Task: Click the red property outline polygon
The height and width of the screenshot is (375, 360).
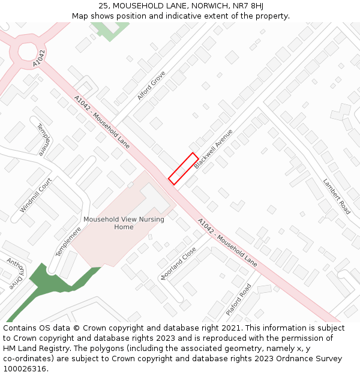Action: coord(184,169)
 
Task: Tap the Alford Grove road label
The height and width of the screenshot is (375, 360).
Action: coord(151,86)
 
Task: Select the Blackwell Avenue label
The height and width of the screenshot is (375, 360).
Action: coord(213,148)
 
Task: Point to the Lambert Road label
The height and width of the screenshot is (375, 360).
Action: coord(337,196)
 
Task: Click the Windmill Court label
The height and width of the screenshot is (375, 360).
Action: coord(36,194)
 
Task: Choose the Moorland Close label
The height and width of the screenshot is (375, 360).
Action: coord(178,263)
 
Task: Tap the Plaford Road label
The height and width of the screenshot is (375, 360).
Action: coord(239,300)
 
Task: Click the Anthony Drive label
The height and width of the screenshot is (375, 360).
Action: coord(16,274)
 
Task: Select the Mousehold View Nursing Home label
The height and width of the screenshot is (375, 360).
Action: coord(124,223)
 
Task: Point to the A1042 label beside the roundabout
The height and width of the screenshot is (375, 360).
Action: coord(40,58)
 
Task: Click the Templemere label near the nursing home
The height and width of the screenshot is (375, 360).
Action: coord(68,241)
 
